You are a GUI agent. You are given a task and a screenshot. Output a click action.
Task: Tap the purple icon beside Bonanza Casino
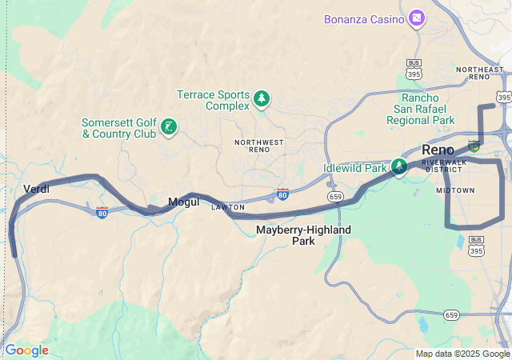click(x=416, y=18)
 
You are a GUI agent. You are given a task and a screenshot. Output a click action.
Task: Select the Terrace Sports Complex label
click(x=213, y=100)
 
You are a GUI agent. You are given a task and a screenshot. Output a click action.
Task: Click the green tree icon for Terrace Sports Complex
click(x=262, y=99)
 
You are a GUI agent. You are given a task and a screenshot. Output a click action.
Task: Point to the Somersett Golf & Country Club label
click(x=118, y=128)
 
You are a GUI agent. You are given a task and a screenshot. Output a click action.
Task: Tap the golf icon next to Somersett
click(x=169, y=126)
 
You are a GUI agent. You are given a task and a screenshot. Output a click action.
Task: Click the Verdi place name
click(x=37, y=189)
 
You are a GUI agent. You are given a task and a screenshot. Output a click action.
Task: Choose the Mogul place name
click(x=182, y=202)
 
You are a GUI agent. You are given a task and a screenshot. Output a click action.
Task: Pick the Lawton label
click(x=227, y=207)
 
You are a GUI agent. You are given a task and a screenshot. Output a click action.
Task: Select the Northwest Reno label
click(x=259, y=146)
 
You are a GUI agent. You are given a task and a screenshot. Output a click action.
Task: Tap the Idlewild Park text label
click(x=354, y=168)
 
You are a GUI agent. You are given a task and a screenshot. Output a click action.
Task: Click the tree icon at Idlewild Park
click(x=398, y=166)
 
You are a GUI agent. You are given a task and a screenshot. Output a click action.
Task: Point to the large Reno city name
click(x=438, y=150)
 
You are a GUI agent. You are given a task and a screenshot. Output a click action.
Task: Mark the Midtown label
click(x=455, y=190)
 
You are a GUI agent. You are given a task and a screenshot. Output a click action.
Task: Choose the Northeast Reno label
click(x=479, y=73)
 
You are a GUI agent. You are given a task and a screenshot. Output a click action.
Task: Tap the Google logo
click(x=26, y=350)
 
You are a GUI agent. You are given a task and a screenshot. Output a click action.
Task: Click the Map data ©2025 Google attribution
click(x=462, y=354)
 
